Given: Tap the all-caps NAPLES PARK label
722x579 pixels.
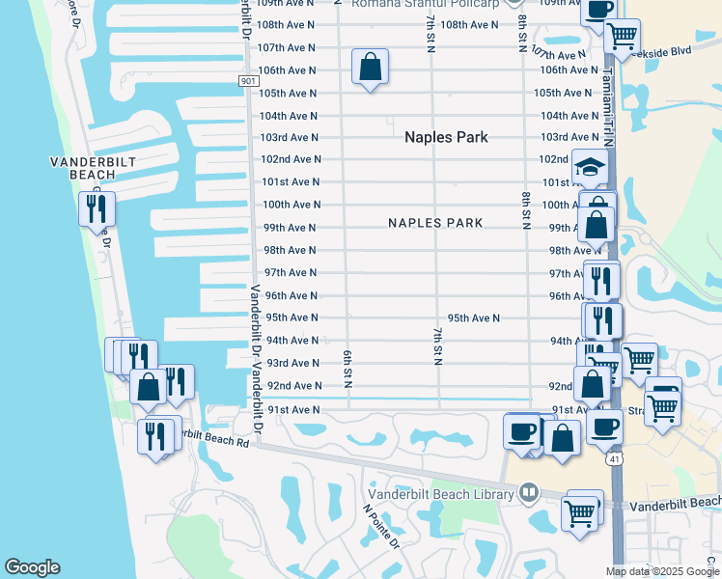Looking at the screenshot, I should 435,223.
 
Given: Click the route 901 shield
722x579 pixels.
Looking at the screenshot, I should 248,81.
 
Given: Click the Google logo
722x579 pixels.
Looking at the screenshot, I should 32,567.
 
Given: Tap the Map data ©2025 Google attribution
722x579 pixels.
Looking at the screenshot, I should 661,571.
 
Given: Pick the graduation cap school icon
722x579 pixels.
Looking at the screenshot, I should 591,165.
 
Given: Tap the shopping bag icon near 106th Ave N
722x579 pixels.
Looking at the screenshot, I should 370,67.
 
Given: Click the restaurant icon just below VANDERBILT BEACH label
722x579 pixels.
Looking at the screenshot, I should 97,207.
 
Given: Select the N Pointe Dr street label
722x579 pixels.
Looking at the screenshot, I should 381,526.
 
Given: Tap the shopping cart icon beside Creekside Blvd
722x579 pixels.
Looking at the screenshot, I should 622,36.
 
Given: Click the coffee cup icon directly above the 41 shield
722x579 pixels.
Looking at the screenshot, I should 605,425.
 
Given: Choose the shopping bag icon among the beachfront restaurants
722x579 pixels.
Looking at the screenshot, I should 150,388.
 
